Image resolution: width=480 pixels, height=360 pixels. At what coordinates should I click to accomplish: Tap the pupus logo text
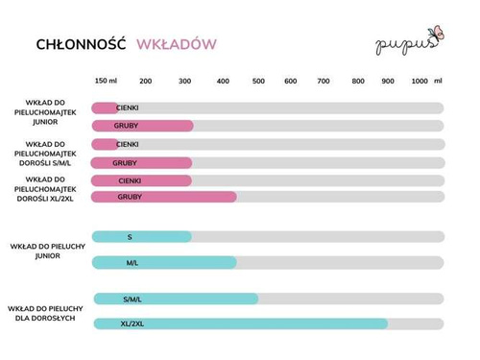(x=396, y=44)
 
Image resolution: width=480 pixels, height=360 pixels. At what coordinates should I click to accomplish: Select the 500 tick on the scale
(x=258, y=81)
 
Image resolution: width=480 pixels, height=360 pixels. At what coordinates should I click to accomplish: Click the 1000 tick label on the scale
(x=420, y=81)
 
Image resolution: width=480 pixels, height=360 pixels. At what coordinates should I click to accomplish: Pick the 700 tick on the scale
(x=324, y=81)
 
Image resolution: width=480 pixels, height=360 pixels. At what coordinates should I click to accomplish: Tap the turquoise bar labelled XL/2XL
(x=240, y=324)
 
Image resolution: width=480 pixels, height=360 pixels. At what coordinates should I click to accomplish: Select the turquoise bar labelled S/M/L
(x=176, y=299)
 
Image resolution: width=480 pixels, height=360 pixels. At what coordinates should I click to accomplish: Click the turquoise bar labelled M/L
(x=164, y=262)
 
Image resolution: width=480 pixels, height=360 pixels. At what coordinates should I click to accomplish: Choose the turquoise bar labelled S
(x=142, y=236)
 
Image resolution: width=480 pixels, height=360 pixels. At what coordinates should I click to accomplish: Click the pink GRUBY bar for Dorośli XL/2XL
(x=164, y=197)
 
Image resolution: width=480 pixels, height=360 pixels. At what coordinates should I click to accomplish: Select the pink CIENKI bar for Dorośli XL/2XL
(x=142, y=180)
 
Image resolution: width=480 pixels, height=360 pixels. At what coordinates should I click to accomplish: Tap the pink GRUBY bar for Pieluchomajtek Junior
(x=142, y=126)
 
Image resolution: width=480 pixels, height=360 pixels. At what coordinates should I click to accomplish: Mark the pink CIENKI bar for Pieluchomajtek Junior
(x=106, y=108)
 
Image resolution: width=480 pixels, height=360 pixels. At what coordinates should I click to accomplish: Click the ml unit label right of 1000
(x=439, y=81)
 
